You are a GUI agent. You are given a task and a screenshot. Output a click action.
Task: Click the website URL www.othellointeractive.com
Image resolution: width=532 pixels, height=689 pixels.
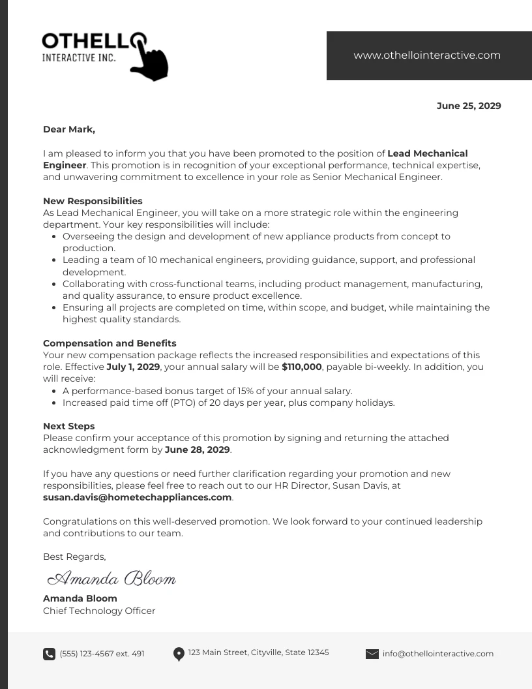pyautogui.click(x=427, y=55)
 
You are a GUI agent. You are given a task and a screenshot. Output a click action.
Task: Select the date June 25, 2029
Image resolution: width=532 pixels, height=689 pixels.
pyautogui.click(x=469, y=106)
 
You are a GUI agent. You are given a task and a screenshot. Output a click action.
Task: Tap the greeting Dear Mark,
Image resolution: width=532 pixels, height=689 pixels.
pyautogui.click(x=69, y=129)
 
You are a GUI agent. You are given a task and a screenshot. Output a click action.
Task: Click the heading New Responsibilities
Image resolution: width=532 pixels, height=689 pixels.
pyautogui.click(x=93, y=201)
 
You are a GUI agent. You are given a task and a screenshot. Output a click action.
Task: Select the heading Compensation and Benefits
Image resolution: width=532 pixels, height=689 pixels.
pyautogui.click(x=110, y=343)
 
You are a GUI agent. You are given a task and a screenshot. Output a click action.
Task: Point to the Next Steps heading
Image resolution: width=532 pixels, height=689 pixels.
pyautogui.click(x=69, y=426)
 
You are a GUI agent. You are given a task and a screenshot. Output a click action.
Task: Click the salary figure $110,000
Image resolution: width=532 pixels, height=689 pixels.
pyautogui.click(x=302, y=367)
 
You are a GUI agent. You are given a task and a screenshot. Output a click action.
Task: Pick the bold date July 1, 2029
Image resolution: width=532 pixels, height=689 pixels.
pyautogui.click(x=133, y=367)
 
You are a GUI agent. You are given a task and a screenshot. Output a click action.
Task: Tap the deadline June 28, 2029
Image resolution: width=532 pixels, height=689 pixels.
pyautogui.click(x=197, y=450)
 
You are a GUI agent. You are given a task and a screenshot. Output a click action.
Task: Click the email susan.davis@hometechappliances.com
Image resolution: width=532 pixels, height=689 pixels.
pyautogui.click(x=138, y=497)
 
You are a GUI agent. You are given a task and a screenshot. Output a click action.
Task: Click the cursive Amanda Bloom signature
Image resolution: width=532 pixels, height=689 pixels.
pyautogui.click(x=112, y=578)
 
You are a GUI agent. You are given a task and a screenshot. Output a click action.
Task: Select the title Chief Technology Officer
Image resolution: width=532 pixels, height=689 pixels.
pyautogui.click(x=99, y=611)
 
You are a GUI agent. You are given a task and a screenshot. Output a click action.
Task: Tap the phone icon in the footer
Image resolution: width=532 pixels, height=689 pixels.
pyautogui.click(x=49, y=654)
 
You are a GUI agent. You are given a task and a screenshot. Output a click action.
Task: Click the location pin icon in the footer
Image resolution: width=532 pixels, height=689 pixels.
pyautogui.click(x=179, y=654)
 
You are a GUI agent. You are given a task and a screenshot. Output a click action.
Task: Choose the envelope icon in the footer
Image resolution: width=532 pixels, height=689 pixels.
pyautogui.click(x=372, y=654)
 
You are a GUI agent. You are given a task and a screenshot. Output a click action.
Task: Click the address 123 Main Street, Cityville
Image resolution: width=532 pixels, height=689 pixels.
pyautogui.click(x=258, y=652)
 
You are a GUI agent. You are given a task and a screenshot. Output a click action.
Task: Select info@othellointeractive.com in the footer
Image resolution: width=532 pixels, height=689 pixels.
pyautogui.click(x=438, y=654)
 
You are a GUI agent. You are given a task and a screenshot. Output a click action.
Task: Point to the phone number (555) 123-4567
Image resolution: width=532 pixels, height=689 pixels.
pyautogui.click(x=102, y=654)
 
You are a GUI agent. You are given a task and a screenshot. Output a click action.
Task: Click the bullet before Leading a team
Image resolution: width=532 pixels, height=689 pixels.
pyautogui.click(x=53, y=260)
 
